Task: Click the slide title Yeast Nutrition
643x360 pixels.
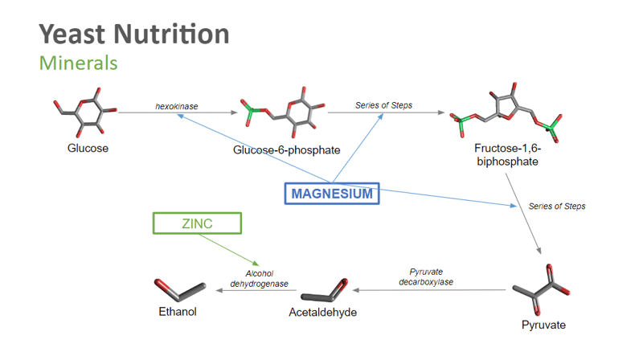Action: (134, 34)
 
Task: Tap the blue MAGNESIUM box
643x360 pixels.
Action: (331, 194)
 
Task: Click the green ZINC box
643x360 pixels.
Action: (196, 223)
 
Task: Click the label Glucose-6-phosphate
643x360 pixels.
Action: (286, 150)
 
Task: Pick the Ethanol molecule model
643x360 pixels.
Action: (181, 287)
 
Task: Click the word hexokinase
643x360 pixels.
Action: (177, 105)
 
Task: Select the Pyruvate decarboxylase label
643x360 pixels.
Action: (425, 277)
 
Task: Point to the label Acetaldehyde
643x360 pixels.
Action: (322, 313)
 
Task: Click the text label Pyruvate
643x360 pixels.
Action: (543, 325)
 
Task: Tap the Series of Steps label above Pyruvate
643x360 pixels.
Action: (557, 207)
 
